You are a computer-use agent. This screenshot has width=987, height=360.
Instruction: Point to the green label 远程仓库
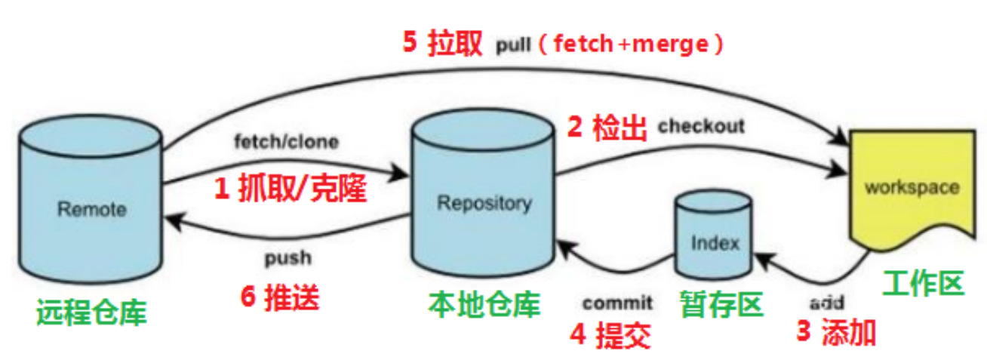click(91, 312)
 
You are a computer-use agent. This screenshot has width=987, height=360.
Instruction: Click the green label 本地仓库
click(484, 304)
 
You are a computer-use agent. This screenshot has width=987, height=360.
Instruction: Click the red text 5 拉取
click(442, 43)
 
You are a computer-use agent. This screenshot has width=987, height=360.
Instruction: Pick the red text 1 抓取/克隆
click(291, 190)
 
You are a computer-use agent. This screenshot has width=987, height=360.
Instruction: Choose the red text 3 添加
click(837, 332)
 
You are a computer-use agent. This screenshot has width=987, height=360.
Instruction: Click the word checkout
click(701, 126)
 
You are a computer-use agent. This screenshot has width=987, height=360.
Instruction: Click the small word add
click(826, 303)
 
